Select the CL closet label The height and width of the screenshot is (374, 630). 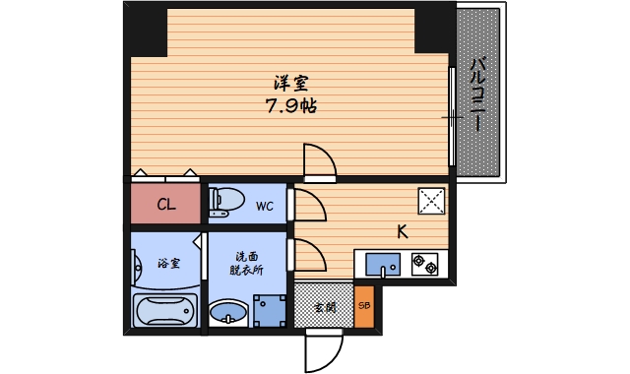(x=166, y=206)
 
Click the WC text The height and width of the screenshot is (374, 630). (x=265, y=207)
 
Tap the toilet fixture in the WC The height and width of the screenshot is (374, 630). (x=227, y=200)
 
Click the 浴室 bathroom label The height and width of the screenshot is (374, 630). (x=168, y=264)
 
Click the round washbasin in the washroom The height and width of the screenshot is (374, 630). (x=228, y=313)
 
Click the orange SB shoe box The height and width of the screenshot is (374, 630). (x=364, y=306)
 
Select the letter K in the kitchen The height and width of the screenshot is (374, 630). (x=402, y=233)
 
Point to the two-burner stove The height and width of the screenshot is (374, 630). (x=426, y=263)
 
